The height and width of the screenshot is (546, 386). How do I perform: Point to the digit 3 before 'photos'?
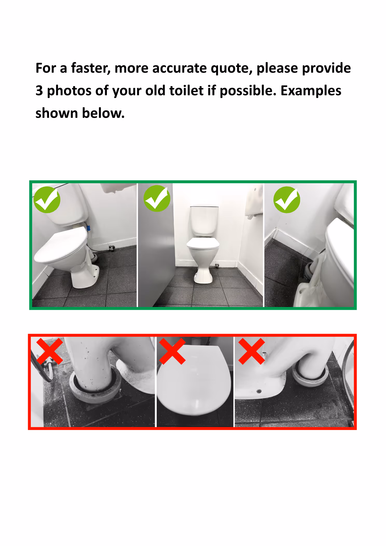[39, 91]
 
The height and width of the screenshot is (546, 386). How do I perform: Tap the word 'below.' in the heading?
[103, 113]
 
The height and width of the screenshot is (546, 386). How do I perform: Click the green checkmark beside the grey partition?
[157, 198]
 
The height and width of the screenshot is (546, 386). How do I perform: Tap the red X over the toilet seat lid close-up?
[172, 351]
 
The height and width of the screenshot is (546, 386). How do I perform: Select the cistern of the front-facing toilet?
[204, 221]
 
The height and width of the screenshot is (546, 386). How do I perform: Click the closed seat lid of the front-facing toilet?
[203, 243]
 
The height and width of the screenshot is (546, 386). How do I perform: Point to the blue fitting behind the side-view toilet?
[88, 228]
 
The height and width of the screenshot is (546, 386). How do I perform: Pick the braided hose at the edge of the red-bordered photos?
[348, 376]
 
